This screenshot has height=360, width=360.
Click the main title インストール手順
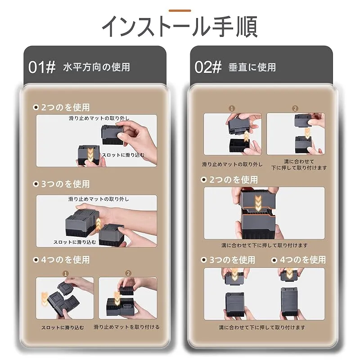[180, 27]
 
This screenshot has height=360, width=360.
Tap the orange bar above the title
[180, 10]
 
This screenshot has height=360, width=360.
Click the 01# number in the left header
[42, 67]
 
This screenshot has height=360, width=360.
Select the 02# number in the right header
[208, 67]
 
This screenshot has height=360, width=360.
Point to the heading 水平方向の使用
[96, 67]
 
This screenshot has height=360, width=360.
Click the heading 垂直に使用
[252, 67]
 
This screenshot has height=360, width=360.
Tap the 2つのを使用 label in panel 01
[65, 107]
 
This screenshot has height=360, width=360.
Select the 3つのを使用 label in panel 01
[65, 184]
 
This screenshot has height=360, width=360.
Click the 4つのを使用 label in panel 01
[65, 260]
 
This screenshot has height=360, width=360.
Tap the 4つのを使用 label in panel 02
[303, 260]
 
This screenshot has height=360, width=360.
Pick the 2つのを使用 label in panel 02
[234, 180]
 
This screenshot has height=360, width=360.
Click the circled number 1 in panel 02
[232, 108]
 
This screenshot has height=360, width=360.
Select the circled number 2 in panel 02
[295, 108]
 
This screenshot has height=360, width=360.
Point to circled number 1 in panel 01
[65, 274]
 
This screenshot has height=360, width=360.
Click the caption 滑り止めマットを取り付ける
[126, 327]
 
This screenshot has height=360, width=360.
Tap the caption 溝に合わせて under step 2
[299, 162]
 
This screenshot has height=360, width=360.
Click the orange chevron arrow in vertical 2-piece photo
[258, 203]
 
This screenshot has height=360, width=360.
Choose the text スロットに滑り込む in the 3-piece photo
[75, 242]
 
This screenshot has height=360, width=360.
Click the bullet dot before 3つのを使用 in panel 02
[204, 260]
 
